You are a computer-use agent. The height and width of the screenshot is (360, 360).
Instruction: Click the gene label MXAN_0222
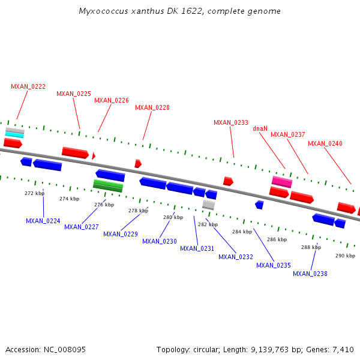[28, 86]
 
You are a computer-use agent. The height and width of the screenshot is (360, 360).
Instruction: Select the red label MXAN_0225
[74, 94]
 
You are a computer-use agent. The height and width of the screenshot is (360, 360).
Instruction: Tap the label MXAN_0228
[152, 108]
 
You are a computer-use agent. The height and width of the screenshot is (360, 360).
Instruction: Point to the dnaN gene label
[260, 128]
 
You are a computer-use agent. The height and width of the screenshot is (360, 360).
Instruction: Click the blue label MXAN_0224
[43, 221]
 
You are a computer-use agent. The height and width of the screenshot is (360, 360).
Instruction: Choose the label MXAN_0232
[236, 257]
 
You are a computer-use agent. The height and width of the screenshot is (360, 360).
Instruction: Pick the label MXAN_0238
[310, 274]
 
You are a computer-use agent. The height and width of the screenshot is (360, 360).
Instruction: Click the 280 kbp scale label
[173, 217]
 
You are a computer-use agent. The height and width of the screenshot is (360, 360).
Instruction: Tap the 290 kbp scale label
[345, 256]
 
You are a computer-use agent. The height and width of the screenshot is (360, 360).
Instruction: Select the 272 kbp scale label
[34, 193]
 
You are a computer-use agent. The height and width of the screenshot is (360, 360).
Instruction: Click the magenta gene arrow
[281, 181]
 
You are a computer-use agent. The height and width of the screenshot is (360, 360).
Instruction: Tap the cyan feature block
[15, 134]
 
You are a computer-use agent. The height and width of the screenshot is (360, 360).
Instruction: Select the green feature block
[108, 185]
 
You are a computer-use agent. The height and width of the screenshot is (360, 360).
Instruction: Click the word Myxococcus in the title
[102, 11]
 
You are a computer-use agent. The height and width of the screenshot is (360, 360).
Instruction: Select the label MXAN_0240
[325, 143]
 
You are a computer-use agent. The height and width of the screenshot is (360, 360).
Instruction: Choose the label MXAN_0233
[231, 122]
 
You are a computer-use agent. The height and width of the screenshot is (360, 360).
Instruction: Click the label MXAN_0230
[160, 241]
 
